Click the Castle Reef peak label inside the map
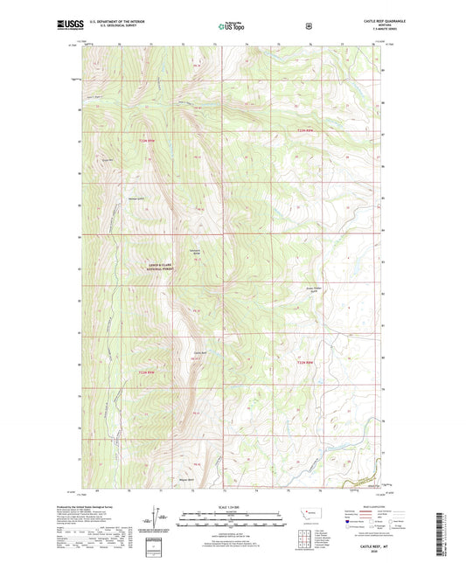click(x=199, y=353)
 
